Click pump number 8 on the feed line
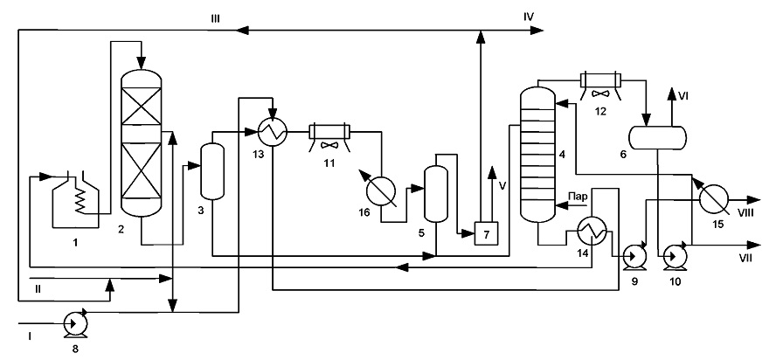click(76, 324)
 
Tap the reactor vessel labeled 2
click(142, 142)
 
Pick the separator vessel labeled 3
click(212, 171)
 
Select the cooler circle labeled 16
click(381, 190)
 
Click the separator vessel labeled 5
click(436, 194)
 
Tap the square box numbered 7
click(486, 233)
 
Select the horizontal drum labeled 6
click(657, 137)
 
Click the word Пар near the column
click(578, 197)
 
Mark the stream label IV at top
click(529, 17)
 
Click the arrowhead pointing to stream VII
click(755, 245)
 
